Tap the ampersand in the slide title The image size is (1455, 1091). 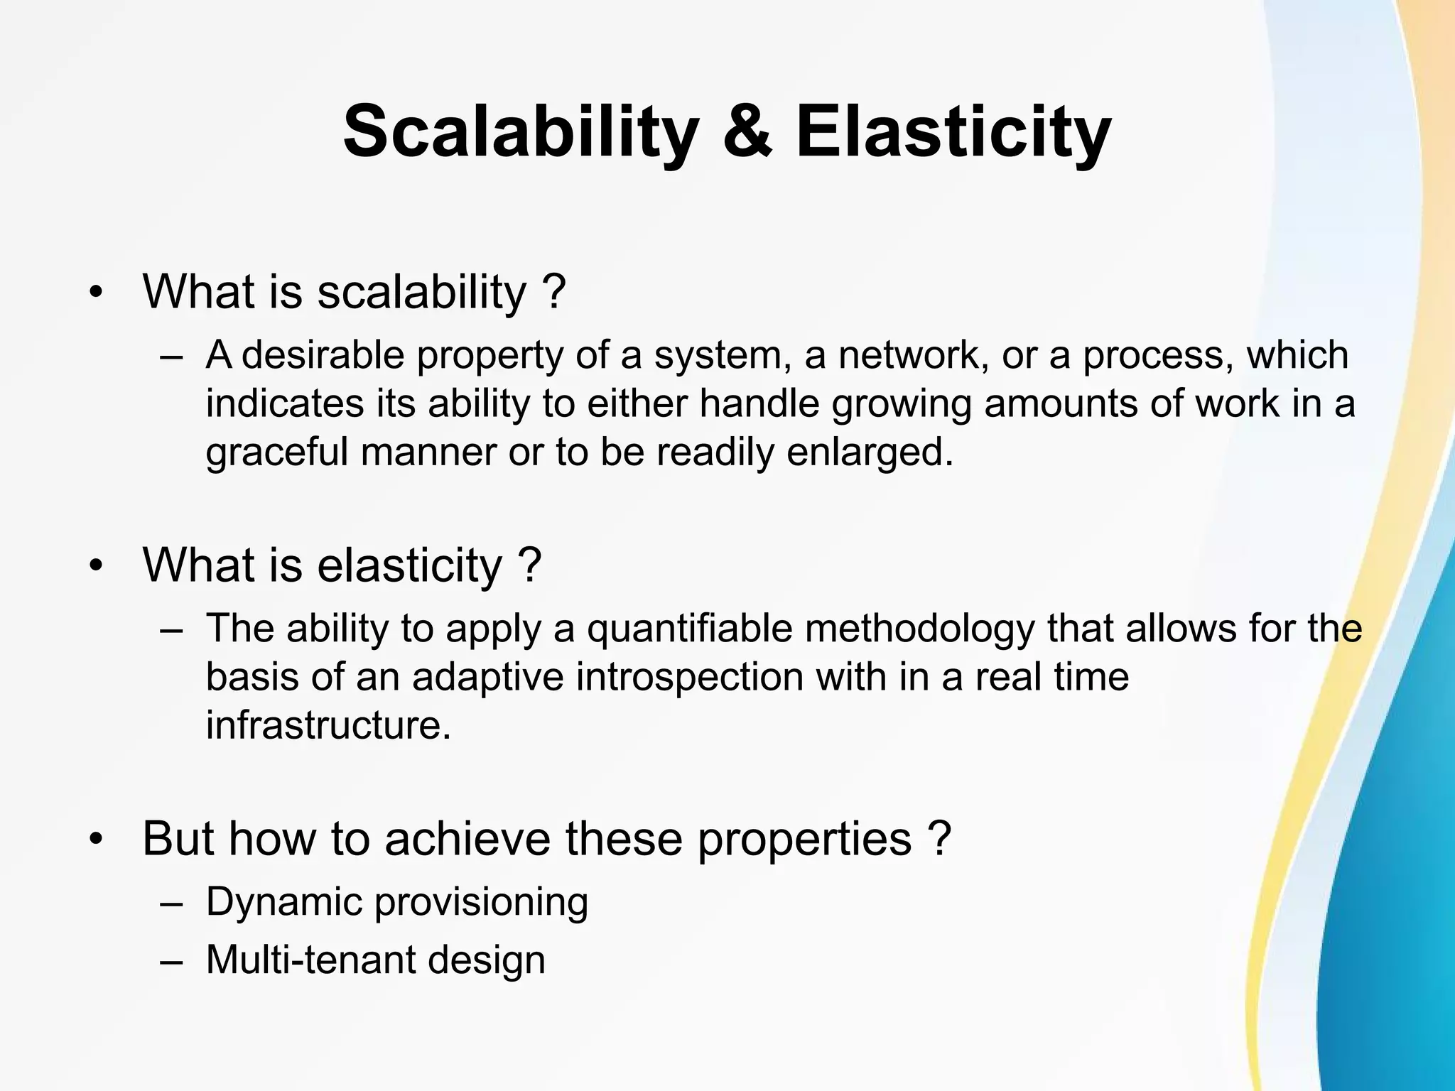tap(747, 133)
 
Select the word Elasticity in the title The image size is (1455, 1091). tap(953, 133)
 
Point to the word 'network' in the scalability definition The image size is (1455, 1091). tap(912, 355)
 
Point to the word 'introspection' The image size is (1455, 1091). tap(689, 677)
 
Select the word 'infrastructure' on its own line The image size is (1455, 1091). tap(328, 726)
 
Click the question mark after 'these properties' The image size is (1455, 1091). tap(939, 839)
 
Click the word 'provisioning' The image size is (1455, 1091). tap(481, 902)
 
